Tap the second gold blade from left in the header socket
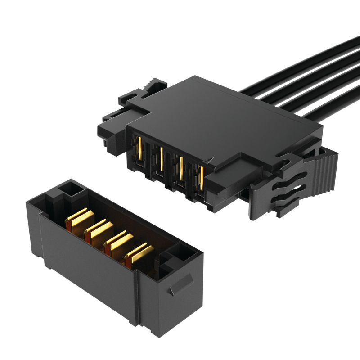pos(96,229)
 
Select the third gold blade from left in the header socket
pos(116,241)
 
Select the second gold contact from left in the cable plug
pos(161,157)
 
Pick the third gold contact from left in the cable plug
pos(181,165)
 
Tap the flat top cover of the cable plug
pos(216,117)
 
